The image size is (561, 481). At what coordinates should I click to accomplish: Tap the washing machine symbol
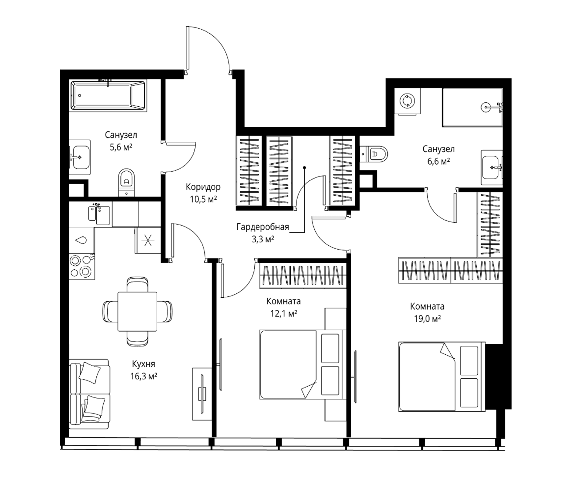pos(407,101)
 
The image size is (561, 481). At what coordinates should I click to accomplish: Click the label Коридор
pos(203,187)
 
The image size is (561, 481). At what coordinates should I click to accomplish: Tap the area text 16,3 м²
pos(144,376)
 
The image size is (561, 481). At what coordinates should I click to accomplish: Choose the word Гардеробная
pos(263,227)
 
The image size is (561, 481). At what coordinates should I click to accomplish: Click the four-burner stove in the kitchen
pos(82,266)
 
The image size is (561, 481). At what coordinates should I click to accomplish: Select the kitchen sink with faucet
pos(99,215)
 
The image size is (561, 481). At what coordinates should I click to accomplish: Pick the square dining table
pos(137,312)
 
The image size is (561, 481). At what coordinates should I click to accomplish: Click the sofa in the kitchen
pos(89,394)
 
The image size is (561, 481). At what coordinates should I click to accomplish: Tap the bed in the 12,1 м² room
pos(303,364)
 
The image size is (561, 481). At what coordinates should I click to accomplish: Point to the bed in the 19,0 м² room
pos(442,377)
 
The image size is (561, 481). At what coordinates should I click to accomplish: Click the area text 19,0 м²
pos(427,319)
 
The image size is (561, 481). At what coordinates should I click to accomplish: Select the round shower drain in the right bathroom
pos(485,107)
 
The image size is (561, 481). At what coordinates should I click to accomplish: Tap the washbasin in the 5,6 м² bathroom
pos(79,157)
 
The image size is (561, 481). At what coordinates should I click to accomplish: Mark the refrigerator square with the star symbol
pos(148,240)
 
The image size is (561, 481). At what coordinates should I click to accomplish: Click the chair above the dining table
pos(137,285)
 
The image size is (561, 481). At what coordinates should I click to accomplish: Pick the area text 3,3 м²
pos(263,239)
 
